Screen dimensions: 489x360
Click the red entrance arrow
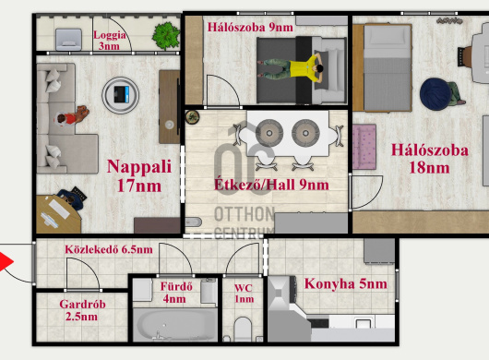click(x=6, y=262)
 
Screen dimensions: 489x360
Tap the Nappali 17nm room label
click(x=139, y=175)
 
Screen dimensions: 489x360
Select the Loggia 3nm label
click(x=110, y=41)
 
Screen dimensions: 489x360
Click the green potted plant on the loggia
click(x=166, y=36)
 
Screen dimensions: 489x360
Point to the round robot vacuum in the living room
click(x=120, y=95)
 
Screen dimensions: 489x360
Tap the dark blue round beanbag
click(x=435, y=94)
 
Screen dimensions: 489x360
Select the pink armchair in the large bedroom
click(x=364, y=147)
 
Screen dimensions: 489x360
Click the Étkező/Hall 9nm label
click(x=271, y=185)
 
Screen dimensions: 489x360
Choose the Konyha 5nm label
click(x=346, y=284)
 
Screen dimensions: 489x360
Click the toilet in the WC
click(x=243, y=330)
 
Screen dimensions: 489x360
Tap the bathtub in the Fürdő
click(x=175, y=325)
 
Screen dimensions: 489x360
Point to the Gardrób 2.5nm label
click(x=82, y=310)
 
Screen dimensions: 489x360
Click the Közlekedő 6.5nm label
click(x=109, y=249)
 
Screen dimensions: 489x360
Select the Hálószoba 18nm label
click(x=429, y=159)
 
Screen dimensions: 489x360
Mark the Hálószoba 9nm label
click(x=250, y=28)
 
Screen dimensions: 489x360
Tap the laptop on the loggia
click(x=68, y=40)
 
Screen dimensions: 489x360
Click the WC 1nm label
click(x=244, y=294)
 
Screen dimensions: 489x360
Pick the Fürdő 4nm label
click(x=176, y=293)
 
